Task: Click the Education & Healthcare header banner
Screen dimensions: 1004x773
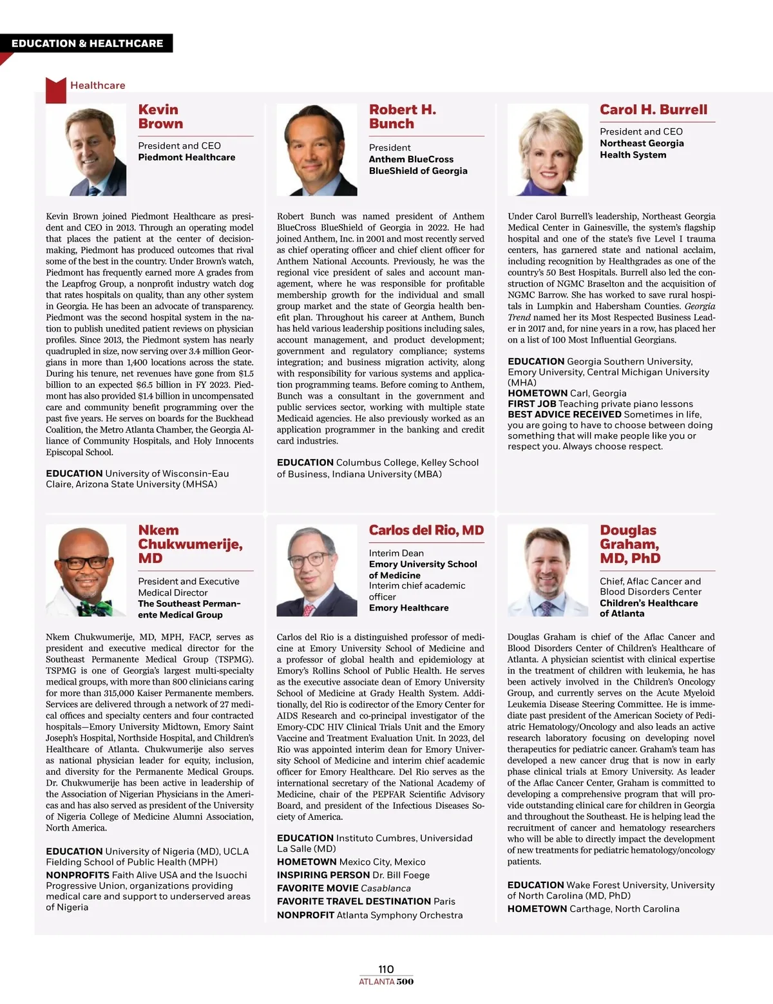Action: (x=88, y=44)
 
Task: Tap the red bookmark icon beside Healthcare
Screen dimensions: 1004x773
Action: (x=56, y=90)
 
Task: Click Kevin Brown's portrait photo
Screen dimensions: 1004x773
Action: (x=86, y=150)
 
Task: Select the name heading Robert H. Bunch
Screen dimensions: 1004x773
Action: (x=402, y=117)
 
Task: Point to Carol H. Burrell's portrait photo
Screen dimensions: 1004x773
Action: (x=548, y=150)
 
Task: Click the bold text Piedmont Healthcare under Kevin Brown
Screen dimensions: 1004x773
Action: (x=186, y=157)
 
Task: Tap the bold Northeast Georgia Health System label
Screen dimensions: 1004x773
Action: (x=642, y=149)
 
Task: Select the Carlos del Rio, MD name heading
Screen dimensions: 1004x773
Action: (x=426, y=530)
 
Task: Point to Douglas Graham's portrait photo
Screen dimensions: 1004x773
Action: (x=548, y=571)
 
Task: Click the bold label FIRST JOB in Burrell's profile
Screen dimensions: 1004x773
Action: (x=531, y=404)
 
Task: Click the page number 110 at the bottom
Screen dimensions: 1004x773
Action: (x=386, y=969)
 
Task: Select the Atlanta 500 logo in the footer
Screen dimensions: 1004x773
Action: (x=386, y=982)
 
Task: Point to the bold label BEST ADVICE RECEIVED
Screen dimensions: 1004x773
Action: (x=564, y=415)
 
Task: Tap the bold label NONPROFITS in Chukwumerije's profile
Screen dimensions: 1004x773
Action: (x=77, y=875)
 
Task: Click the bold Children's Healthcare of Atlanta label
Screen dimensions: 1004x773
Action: (x=648, y=608)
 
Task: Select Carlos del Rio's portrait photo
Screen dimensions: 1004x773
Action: (x=317, y=571)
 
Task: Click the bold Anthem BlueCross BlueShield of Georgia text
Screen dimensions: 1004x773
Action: (x=418, y=165)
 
